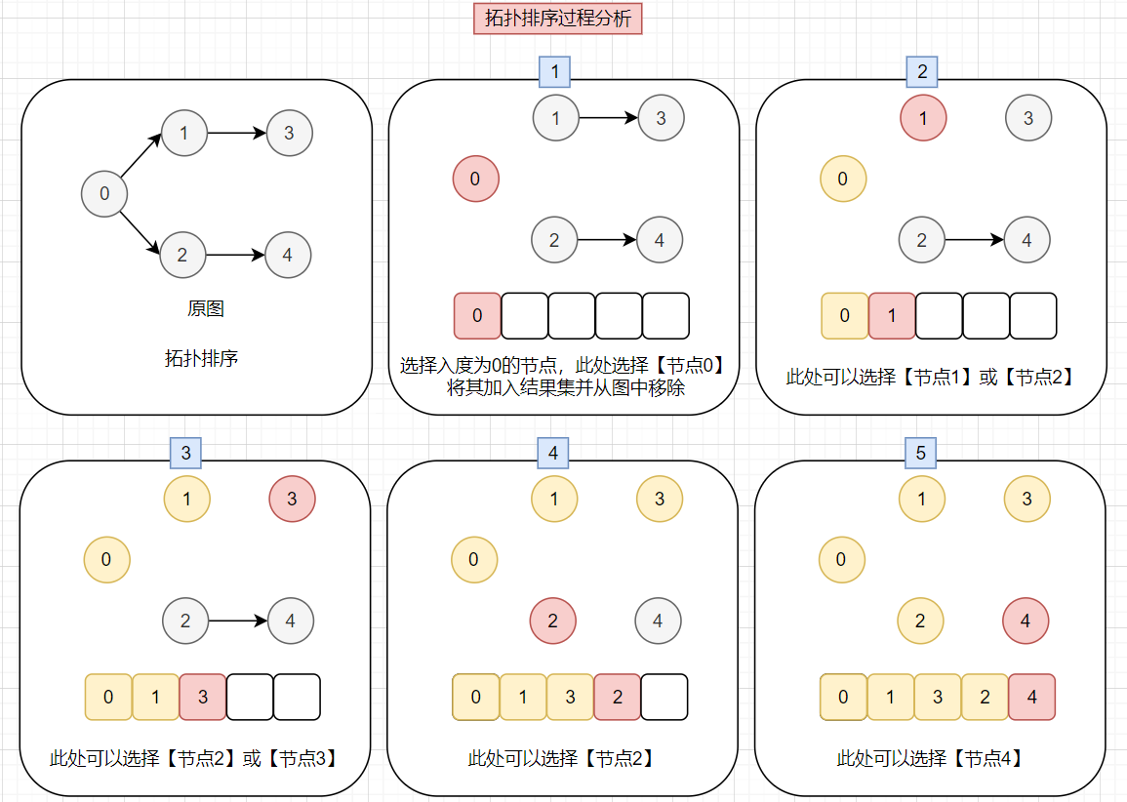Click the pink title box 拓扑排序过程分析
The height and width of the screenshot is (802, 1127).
click(x=558, y=20)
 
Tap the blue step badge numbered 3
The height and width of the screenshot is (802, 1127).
click(x=185, y=452)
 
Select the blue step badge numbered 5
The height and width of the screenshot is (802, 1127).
click(x=920, y=452)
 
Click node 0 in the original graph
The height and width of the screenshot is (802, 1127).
click(x=104, y=194)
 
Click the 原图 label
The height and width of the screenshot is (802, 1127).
click(x=205, y=309)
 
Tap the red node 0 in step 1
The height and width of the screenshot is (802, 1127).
click(x=475, y=180)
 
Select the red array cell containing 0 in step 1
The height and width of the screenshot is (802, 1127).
click(x=477, y=315)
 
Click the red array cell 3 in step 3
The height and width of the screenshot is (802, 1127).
click(x=203, y=697)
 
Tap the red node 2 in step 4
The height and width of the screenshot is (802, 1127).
click(x=553, y=622)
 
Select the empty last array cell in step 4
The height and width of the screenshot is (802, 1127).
click(x=664, y=697)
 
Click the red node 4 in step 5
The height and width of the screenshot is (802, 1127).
click(x=1026, y=622)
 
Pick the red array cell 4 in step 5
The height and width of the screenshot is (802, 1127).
click(x=1032, y=697)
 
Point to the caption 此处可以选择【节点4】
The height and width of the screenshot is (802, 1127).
click(x=929, y=758)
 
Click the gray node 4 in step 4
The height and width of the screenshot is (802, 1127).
click(x=658, y=622)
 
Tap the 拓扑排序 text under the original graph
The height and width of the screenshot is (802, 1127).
click(x=202, y=358)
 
